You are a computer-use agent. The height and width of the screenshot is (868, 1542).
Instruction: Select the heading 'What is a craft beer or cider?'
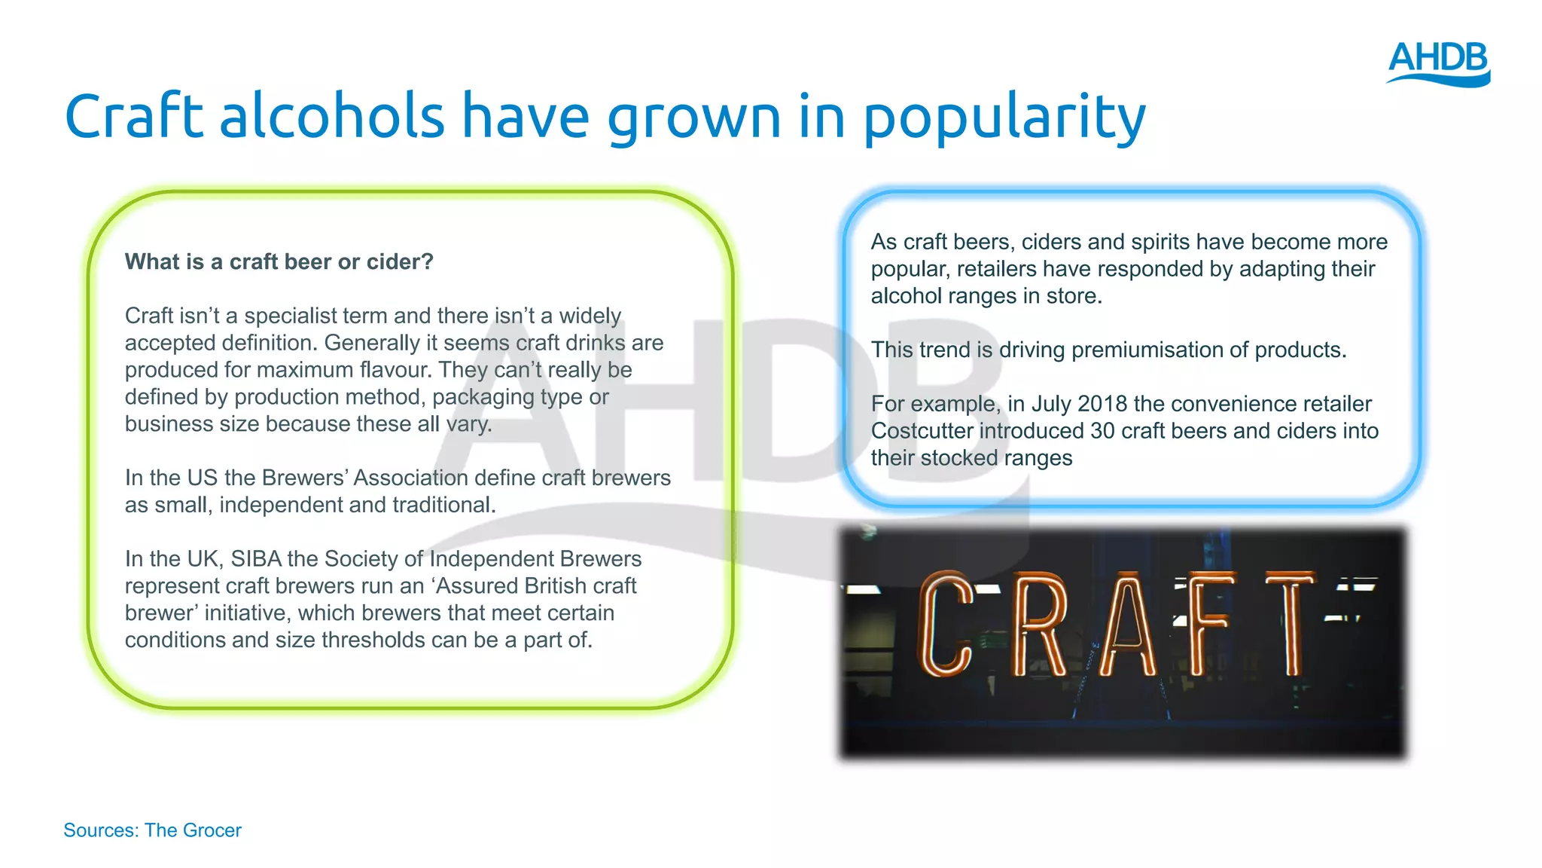tap(279, 261)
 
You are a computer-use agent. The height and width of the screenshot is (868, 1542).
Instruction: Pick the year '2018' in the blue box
tap(1102, 404)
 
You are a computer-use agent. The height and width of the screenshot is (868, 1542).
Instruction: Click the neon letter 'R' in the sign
tap(1039, 625)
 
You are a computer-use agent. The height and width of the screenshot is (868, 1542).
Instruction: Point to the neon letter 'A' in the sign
tap(1127, 625)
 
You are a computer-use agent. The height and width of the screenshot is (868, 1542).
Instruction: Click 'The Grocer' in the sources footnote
tap(193, 830)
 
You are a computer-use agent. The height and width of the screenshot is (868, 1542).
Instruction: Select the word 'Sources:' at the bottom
tap(101, 830)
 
